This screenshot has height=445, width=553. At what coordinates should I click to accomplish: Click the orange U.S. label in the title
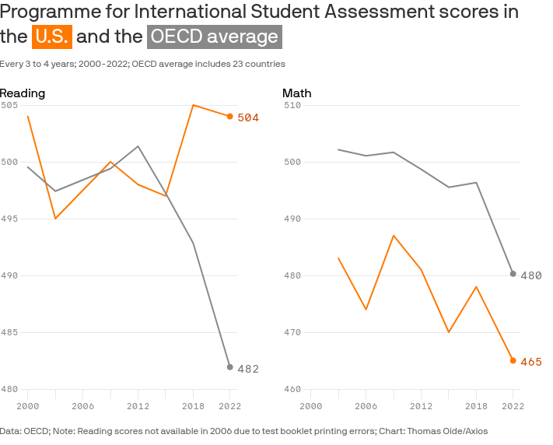[x=52, y=37]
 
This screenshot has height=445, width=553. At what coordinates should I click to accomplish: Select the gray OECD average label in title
[x=215, y=37]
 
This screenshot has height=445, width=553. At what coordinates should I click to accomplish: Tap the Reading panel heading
[x=23, y=93]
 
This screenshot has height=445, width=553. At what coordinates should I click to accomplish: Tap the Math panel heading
[x=296, y=93]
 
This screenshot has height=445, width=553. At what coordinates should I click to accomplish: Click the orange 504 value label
[x=248, y=117]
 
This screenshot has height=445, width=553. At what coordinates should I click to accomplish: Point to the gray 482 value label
[x=248, y=369]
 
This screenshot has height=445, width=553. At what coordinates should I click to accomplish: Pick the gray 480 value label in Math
[x=531, y=275]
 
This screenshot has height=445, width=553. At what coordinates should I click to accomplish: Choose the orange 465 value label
[x=531, y=362]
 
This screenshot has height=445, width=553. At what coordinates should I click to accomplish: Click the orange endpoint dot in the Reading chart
[x=230, y=117]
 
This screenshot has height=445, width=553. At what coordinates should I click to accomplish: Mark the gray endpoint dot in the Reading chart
[x=230, y=367]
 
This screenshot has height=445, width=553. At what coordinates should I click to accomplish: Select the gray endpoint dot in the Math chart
[x=513, y=274]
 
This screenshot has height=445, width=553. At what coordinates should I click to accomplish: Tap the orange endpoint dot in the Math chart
[x=513, y=360]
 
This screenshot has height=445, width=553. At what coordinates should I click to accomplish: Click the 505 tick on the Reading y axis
[x=9, y=105]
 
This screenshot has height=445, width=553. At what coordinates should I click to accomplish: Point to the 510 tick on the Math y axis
[x=292, y=105]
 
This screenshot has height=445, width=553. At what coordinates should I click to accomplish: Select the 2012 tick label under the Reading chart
[x=138, y=406]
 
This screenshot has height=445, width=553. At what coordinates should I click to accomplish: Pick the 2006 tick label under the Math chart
[x=366, y=406]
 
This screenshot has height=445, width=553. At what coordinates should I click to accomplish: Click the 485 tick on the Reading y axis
[x=9, y=332]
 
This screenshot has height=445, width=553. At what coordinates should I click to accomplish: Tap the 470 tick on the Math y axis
[x=292, y=332]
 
